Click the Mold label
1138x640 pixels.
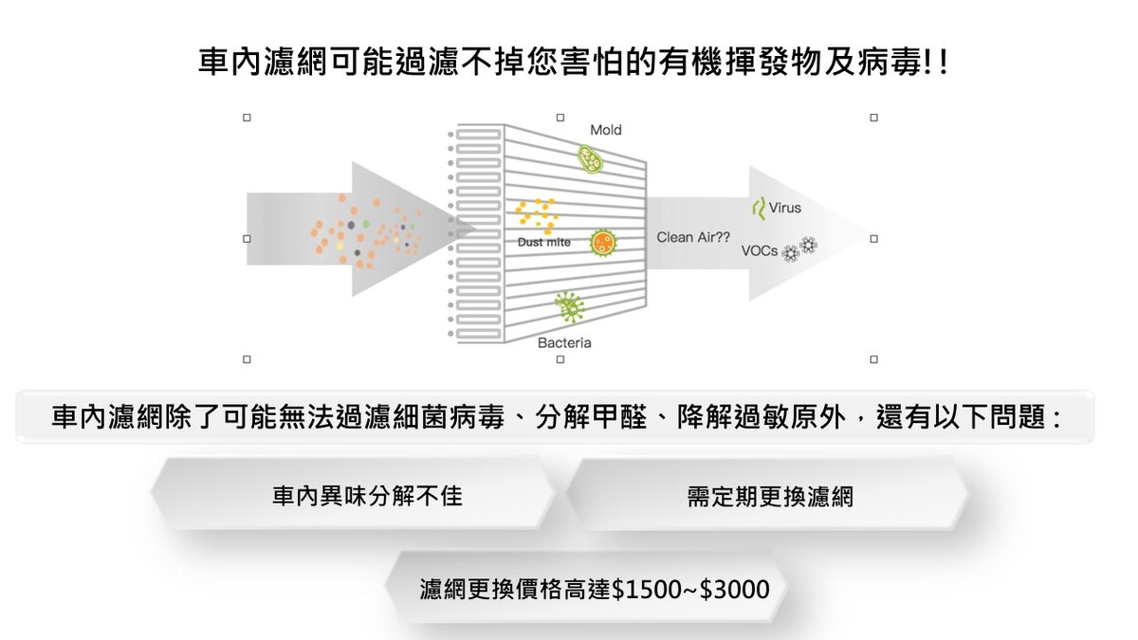[606, 130]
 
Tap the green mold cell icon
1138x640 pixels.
[592, 158]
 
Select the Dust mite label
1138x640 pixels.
[544, 242]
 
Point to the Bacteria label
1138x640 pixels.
[564, 342]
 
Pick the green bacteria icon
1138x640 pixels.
[570, 305]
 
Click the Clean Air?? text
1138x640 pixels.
[690, 238]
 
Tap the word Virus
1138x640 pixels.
[785, 208]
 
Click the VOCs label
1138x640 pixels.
[761, 251]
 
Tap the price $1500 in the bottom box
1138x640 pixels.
[646, 590]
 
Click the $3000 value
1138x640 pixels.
[734, 590]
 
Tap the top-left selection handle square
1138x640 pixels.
[247, 119]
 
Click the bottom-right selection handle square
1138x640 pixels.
[873, 359]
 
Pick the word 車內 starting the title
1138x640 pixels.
[223, 64]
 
